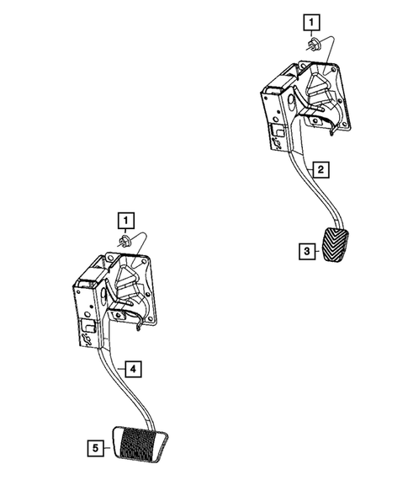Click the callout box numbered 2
coord(321,169)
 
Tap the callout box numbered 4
coord(134,367)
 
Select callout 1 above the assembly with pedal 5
coord(125,221)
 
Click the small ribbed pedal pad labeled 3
coord(337,249)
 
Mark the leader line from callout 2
coord(307,170)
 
